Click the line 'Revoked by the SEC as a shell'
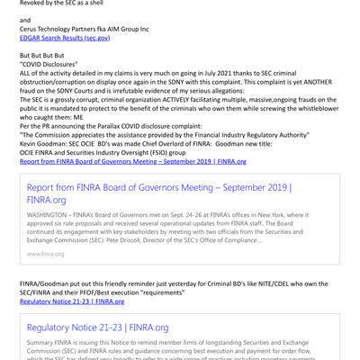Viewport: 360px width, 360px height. click(x=59, y=4)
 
